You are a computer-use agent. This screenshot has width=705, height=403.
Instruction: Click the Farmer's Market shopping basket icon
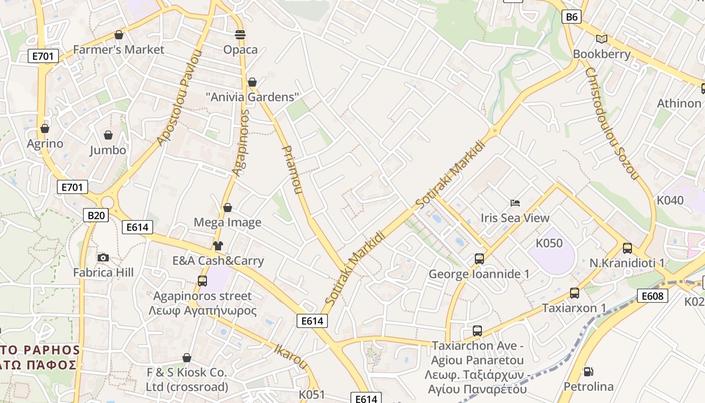click(x=119, y=35)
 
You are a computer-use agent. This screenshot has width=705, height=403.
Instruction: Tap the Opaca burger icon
click(x=240, y=35)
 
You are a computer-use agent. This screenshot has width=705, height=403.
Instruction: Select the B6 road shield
click(x=572, y=17)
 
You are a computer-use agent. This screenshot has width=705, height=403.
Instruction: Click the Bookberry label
click(x=602, y=54)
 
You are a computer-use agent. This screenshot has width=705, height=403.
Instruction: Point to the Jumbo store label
click(x=108, y=150)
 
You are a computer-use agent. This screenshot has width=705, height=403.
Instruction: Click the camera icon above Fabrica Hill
click(x=103, y=258)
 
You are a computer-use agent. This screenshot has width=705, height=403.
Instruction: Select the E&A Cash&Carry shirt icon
click(x=218, y=246)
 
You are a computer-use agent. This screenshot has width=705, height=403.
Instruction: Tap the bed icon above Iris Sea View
click(x=515, y=203)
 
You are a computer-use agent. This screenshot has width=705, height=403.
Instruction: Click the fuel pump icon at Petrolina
click(x=588, y=372)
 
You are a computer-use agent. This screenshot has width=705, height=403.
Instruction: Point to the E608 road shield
click(x=652, y=296)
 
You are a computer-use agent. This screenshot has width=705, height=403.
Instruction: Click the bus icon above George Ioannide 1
click(x=479, y=259)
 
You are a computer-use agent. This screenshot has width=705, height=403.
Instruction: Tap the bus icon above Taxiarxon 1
click(x=574, y=293)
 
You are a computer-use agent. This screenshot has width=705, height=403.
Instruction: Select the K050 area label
click(x=549, y=243)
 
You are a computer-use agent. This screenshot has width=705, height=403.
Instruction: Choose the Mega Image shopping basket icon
click(x=228, y=208)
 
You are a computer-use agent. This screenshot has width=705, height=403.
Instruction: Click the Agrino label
click(x=45, y=144)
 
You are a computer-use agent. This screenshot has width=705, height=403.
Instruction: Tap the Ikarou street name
click(x=291, y=356)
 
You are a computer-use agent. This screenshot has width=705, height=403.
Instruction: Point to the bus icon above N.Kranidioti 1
click(x=627, y=248)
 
